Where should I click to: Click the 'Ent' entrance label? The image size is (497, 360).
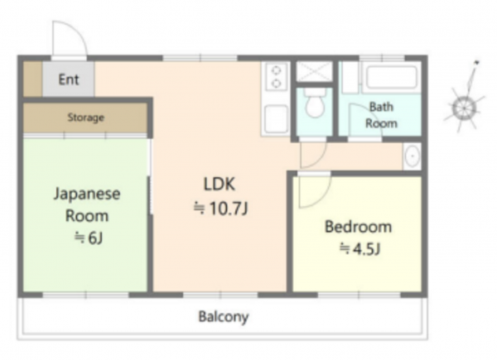[69, 79]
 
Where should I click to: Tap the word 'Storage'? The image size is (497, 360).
[85, 118]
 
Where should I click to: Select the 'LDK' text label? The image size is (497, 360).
[220, 184]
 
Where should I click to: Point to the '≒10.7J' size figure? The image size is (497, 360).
[220, 209]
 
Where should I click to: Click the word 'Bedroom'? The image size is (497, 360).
[358, 227]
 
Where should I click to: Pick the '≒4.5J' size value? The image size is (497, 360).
[359, 249]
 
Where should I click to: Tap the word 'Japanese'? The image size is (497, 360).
[87, 194]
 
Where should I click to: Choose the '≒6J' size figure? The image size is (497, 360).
[89, 238]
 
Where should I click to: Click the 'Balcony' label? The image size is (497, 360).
[224, 317]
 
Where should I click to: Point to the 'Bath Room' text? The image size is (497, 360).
[381, 115]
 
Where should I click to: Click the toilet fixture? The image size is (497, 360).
[315, 103]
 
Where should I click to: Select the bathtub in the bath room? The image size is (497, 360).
[392, 77]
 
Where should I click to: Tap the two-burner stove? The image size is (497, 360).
[277, 76]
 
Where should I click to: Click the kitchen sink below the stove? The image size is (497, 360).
[276, 118]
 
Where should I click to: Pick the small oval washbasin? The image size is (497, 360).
[413, 156]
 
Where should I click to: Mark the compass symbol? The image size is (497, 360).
[464, 101]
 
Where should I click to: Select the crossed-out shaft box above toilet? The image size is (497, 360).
[314, 71]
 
